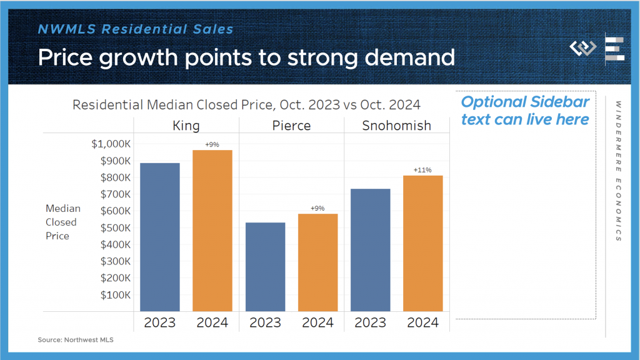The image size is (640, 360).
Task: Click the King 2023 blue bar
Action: coord(160,237)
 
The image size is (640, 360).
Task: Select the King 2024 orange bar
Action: coord(212,231)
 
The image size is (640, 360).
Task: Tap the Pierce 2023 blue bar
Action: coord(265,267)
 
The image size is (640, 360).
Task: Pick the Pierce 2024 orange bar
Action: coord(317,262)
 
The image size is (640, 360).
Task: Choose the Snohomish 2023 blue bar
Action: coord(371,250)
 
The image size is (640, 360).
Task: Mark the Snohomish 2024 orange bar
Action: coord(423,243)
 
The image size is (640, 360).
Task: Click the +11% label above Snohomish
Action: coord(423,170)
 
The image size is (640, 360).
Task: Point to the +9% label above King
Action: coord(212,144)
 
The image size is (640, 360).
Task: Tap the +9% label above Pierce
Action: coord(317,208)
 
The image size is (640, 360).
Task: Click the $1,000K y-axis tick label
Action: coord(111,144)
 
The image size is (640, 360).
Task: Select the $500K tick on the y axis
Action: coord(115,227)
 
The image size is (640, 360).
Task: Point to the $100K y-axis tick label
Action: coord(115,294)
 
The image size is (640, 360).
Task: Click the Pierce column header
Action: coord(291,126)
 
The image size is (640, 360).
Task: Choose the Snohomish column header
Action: coord(396,126)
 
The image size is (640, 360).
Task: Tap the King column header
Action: coord(186,126)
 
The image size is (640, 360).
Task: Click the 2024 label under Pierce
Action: coord(317,323)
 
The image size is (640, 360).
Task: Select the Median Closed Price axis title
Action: coord(61,222)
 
